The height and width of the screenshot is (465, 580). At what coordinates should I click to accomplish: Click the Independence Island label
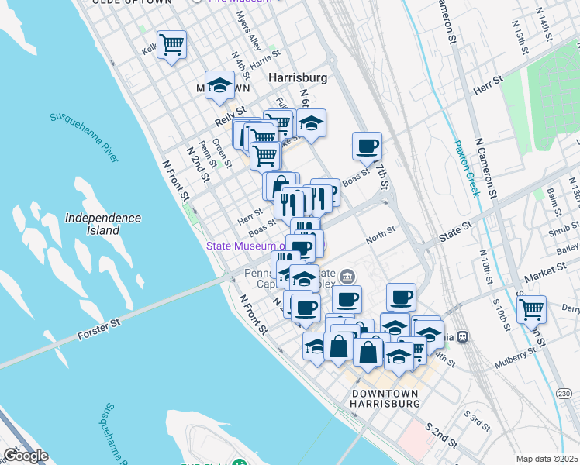[x=103, y=224]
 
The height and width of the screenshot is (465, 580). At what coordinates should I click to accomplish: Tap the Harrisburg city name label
[x=298, y=78]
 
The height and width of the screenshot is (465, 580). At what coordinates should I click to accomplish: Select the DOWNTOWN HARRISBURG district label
[x=385, y=399]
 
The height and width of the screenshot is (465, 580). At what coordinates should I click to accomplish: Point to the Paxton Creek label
[x=468, y=167]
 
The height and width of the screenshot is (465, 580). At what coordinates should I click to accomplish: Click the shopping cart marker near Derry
[x=531, y=309]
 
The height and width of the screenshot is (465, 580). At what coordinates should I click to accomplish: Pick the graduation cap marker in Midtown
[x=220, y=85]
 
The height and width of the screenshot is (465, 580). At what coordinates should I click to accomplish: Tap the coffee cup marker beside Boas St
[x=367, y=145]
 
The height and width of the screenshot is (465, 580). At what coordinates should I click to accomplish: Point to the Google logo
[x=26, y=456]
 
